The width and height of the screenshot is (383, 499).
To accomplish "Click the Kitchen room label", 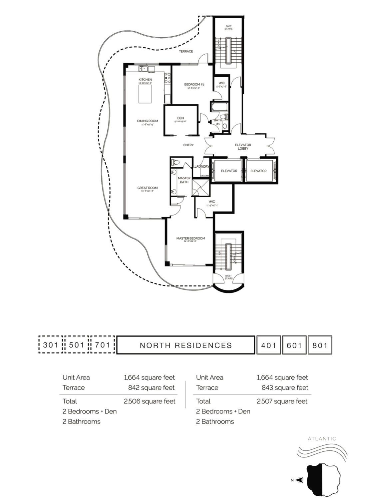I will (x=145, y=80).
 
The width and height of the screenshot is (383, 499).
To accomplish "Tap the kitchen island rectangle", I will (x=145, y=94).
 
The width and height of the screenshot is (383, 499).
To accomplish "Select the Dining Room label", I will (x=147, y=121).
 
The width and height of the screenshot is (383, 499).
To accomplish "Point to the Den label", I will (x=181, y=118).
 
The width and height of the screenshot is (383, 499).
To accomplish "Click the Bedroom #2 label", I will (x=194, y=84).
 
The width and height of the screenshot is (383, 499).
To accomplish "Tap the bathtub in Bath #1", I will (x=219, y=107).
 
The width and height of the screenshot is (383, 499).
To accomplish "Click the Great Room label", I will (x=147, y=188).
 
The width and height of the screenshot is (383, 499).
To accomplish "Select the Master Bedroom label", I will (x=191, y=239).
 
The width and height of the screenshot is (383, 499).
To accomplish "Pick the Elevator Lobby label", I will (x=243, y=146).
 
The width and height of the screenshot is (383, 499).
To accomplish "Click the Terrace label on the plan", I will (x=186, y=51).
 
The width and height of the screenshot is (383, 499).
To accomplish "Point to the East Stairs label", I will (x=228, y=27).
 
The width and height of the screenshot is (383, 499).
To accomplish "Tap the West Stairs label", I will (x=228, y=277).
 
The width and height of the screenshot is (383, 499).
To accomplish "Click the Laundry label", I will (x=201, y=166).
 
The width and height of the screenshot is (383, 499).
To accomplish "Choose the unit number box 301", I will (x=51, y=345).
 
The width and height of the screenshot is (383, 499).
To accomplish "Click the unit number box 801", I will (x=320, y=345).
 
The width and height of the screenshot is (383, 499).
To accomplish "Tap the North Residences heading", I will (x=186, y=345).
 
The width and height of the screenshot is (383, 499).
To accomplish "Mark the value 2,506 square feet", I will (x=149, y=401).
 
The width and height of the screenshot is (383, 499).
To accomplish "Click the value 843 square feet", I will (x=285, y=388).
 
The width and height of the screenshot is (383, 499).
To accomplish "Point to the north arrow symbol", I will (x=299, y=480).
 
